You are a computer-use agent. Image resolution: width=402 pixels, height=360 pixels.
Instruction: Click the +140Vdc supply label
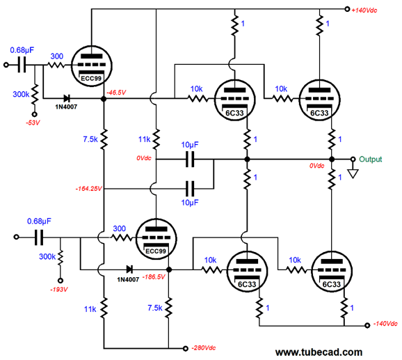[364, 10]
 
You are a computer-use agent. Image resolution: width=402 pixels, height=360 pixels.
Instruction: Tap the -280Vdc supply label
[204, 348]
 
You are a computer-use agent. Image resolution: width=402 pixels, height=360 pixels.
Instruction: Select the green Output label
[371, 159]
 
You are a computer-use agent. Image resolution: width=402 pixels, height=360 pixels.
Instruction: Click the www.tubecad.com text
[319, 352]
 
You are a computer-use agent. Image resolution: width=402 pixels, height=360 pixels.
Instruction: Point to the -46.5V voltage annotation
[116, 93]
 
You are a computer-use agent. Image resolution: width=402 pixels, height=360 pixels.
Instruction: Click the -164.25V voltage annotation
[89, 189]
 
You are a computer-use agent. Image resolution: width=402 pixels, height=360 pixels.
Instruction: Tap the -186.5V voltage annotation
[154, 277]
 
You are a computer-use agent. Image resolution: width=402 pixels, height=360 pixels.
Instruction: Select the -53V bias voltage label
[33, 123]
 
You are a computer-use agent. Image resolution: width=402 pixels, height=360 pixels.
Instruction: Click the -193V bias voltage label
[59, 290]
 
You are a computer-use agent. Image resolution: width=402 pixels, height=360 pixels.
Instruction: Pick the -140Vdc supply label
[385, 324]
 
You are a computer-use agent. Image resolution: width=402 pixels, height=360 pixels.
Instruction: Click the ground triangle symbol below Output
[353, 173]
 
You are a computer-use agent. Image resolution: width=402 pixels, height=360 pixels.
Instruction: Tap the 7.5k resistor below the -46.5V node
[104, 139]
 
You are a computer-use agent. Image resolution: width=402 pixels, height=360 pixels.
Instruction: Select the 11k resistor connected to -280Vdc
[104, 308]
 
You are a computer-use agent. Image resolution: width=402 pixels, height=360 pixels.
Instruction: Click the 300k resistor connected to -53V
[35, 95]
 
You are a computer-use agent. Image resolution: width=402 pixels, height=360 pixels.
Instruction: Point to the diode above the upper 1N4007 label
[67, 98]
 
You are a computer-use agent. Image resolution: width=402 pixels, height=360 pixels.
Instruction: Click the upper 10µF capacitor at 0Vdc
[190, 159]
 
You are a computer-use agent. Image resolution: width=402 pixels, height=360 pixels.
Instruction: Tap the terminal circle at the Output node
[353, 159]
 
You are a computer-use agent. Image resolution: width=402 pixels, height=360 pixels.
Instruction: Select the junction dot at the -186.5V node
[169, 269]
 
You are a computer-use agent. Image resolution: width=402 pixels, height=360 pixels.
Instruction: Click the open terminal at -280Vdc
[186, 348]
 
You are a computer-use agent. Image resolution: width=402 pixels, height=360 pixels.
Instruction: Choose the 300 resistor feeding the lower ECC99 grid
[121, 238]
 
